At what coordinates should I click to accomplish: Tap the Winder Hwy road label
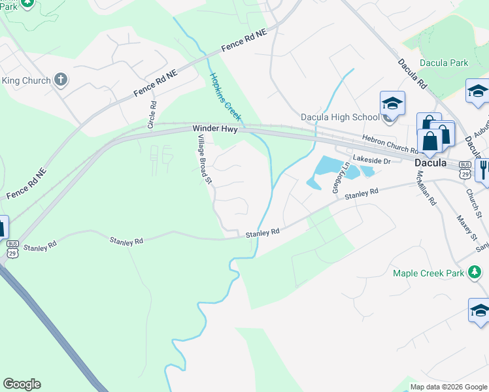click(x=215, y=129)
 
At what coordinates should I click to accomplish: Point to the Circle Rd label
click(x=152, y=114)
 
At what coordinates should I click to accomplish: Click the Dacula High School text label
click(x=339, y=117)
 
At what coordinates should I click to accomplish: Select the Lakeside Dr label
click(x=371, y=159)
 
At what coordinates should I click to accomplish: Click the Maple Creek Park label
click(x=428, y=273)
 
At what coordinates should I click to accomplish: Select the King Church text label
click(x=26, y=80)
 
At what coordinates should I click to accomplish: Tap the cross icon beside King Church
click(x=61, y=80)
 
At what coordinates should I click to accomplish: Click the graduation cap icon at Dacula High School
click(x=392, y=103)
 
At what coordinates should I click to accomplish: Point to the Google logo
click(x=22, y=384)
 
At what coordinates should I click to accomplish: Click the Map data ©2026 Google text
click(x=448, y=387)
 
